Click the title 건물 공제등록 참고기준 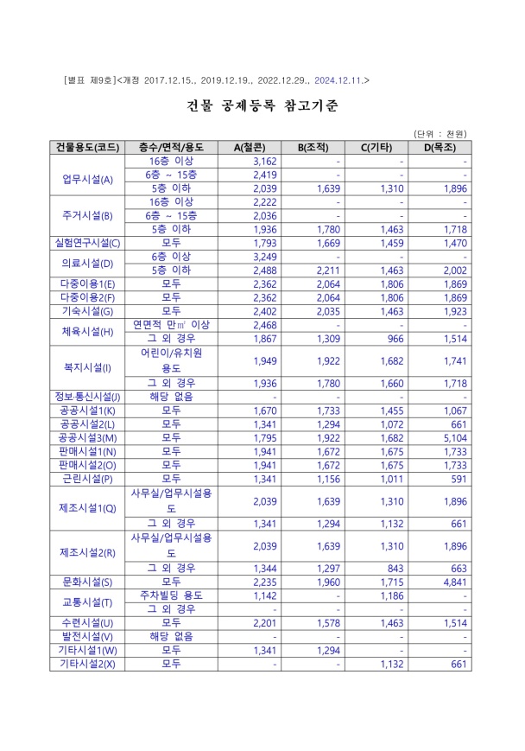[x=262, y=106]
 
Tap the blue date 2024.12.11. [x=339, y=80]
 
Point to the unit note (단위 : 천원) [x=440, y=133]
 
